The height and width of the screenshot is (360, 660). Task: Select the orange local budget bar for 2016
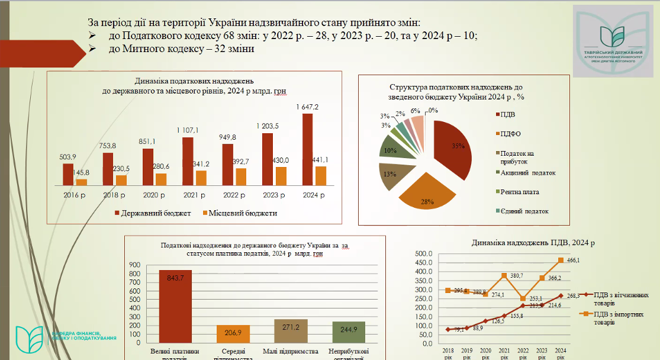[82, 182]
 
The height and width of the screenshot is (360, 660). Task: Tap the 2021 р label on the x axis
[194, 195]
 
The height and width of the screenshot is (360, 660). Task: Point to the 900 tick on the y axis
[135, 265]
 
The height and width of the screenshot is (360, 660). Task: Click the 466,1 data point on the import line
[561, 260]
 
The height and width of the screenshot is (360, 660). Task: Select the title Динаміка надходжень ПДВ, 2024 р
[533, 242]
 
